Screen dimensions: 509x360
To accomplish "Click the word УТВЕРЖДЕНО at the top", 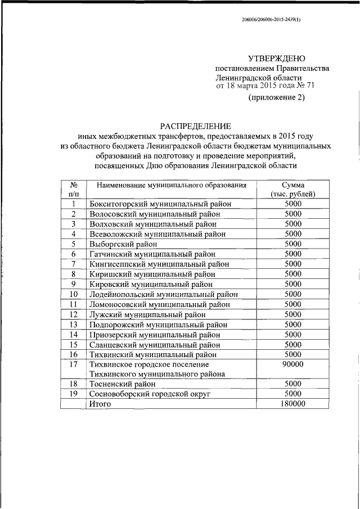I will coord(277,58).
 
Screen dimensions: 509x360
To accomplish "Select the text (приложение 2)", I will coord(276,98).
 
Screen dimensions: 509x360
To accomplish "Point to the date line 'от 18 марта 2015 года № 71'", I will coord(257,86).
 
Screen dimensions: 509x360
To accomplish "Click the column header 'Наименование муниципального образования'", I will coord(172,184).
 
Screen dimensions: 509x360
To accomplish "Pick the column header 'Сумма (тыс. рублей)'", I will coord(293,189).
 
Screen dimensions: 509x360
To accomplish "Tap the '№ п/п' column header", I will coord(73,189).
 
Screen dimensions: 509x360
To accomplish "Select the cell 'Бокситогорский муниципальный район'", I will coord(160,204).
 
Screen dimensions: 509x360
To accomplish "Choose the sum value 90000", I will coord(293,364).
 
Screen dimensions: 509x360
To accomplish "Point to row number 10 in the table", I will coord(73,294).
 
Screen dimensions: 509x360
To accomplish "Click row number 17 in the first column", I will coord(73,364).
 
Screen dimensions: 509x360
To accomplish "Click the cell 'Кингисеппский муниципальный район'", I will coord(159,264).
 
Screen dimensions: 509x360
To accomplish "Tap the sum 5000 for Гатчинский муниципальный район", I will coord(293,254).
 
